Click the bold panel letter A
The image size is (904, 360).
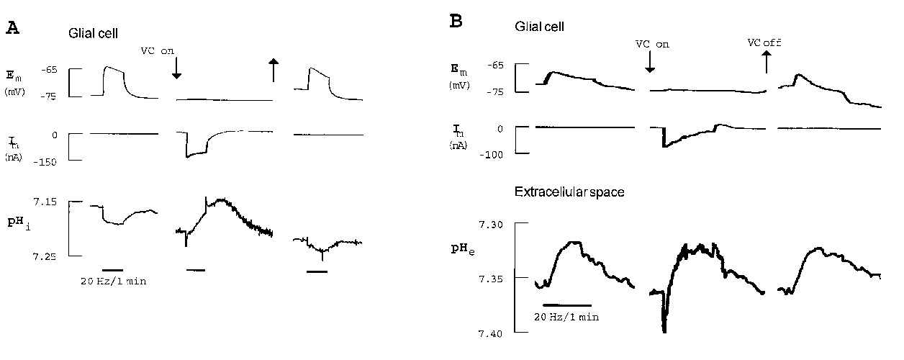tap(12, 28)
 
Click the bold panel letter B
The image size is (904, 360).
tap(456, 22)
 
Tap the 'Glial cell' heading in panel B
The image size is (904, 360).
tap(540, 27)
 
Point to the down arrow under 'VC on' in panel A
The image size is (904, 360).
tap(176, 68)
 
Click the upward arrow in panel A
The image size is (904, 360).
tap(274, 71)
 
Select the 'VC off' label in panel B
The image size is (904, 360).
tap(764, 42)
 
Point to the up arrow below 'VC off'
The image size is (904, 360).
tap(766, 63)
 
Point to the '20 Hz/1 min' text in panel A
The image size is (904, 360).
tap(113, 280)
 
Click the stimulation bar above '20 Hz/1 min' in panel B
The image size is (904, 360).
tap(566, 305)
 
